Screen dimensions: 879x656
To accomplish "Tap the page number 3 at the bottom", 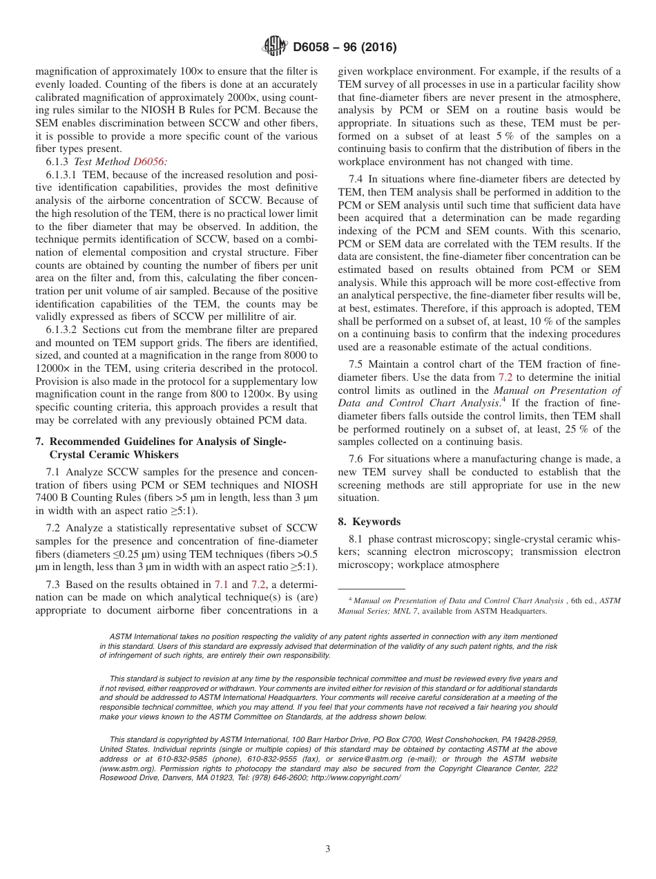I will (328, 849).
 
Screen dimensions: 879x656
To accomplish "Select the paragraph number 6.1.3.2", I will (64, 330).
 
